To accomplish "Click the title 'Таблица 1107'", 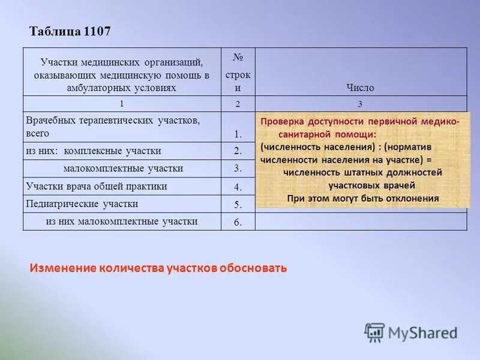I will pyautogui.click(x=70, y=32).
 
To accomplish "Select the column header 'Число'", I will pyautogui.click(x=360, y=88).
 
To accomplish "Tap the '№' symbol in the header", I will pyautogui.click(x=238, y=58).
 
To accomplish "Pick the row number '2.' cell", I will pyautogui.click(x=238, y=151).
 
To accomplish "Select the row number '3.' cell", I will pyautogui.click(x=238, y=169).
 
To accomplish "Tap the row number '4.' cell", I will pyautogui.click(x=238, y=187).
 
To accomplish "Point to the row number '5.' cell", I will pyautogui.click(x=238, y=204).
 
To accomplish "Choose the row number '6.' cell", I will pyautogui.click(x=238, y=222).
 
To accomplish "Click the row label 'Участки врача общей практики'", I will pyautogui.click(x=96, y=186).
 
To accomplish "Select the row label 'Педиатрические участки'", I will pyautogui.click(x=82, y=203).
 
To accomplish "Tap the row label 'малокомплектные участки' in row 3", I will pyautogui.click(x=123, y=168).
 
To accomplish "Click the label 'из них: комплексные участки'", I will pyautogui.click(x=93, y=151).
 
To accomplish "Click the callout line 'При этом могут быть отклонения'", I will pyautogui.click(x=363, y=198).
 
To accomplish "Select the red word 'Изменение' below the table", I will pyautogui.click(x=62, y=268).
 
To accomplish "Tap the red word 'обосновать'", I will pyautogui.click(x=254, y=268).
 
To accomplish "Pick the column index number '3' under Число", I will pyautogui.click(x=360, y=104).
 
